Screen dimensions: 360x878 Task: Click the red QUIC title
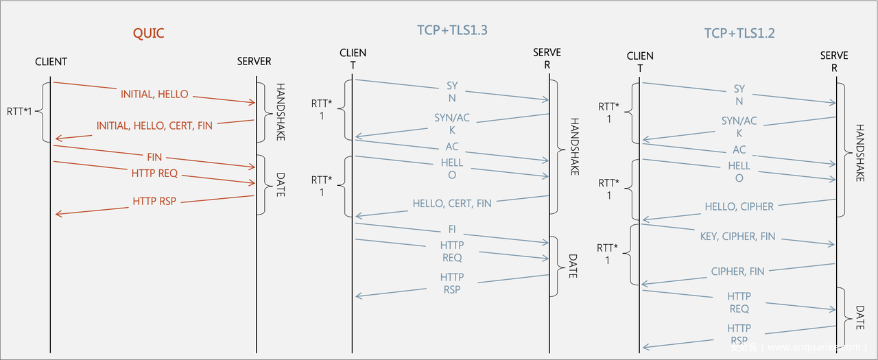(149, 33)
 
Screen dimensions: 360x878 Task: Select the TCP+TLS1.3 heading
(452, 30)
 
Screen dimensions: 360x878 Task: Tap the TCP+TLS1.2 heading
(739, 33)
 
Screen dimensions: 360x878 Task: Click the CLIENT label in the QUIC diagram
(51, 62)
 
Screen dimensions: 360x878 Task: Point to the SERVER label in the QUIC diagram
(254, 62)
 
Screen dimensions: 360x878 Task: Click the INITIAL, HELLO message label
(154, 95)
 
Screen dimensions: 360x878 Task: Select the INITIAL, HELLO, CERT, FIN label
(154, 125)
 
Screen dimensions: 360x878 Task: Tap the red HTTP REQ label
(154, 173)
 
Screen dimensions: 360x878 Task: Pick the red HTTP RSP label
(154, 202)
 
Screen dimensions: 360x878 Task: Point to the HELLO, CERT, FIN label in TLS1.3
(452, 204)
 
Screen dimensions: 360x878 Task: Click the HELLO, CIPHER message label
(739, 206)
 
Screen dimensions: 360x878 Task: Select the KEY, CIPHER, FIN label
(738, 237)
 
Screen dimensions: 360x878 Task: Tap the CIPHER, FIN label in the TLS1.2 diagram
(737, 272)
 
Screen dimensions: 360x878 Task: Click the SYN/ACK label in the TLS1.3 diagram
(452, 124)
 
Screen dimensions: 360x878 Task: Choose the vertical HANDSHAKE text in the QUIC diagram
(280, 112)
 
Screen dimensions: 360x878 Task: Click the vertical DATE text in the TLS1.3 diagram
(572, 266)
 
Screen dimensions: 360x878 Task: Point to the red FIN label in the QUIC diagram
(154, 158)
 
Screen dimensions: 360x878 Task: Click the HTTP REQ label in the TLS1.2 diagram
(739, 302)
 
